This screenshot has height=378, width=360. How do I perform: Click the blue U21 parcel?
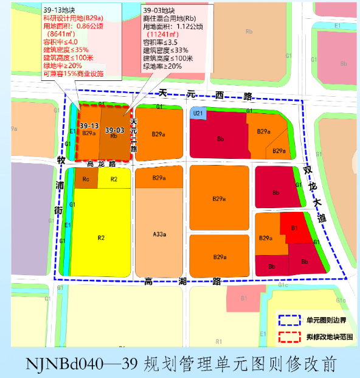click(x=198, y=113)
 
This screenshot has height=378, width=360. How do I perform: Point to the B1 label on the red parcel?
click(x=294, y=228)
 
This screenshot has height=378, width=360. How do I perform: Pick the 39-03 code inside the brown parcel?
click(x=114, y=130)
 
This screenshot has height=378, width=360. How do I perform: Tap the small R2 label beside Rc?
click(x=114, y=179)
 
